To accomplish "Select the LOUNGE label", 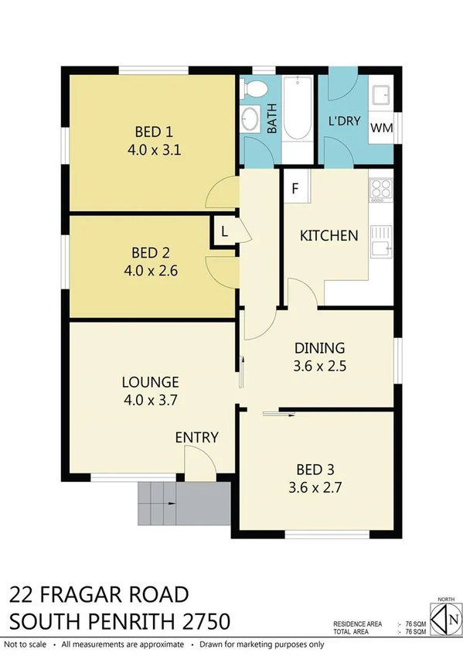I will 150,381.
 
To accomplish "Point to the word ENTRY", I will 196,437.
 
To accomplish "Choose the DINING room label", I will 318,347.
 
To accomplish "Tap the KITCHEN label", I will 329,235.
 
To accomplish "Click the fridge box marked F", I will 295,188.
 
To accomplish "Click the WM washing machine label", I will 380,128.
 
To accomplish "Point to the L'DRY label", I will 342,121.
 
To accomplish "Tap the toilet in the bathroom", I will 253,89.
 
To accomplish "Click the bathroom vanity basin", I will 250,120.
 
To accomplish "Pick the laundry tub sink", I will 380,95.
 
